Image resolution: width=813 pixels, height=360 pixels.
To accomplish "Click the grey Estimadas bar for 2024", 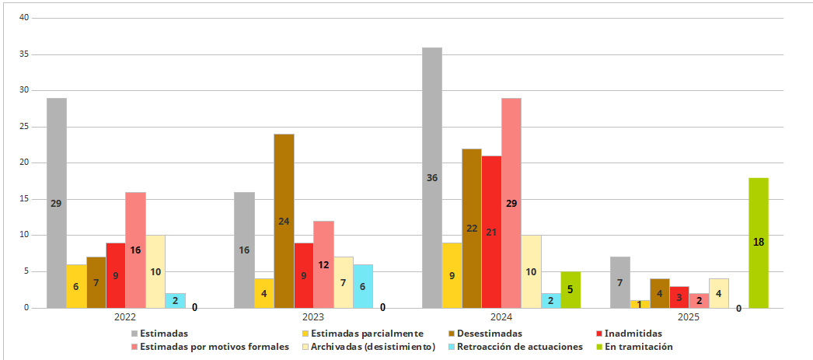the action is pyautogui.click(x=432, y=178).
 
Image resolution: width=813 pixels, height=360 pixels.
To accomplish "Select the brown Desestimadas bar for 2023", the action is pyautogui.click(x=284, y=222).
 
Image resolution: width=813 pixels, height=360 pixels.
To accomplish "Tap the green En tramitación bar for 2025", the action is pyautogui.click(x=759, y=243).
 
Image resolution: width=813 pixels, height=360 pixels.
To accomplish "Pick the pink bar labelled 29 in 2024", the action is pyautogui.click(x=511, y=204).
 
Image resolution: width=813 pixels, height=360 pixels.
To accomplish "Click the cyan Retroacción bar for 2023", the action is pyautogui.click(x=363, y=286).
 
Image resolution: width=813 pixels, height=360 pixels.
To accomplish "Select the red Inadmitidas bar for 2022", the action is pyautogui.click(x=116, y=276).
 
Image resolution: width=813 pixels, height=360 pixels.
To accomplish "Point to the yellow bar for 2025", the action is pyautogui.click(x=640, y=305).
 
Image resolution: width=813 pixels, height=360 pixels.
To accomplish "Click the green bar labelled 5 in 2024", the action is pyautogui.click(x=570, y=290).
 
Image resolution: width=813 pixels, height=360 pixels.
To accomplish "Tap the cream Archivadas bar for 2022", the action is pyautogui.click(x=155, y=272).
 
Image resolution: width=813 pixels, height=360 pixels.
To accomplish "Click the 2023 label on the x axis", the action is pyautogui.click(x=303, y=316).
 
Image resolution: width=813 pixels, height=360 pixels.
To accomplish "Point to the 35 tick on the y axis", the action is pyautogui.click(x=24, y=54).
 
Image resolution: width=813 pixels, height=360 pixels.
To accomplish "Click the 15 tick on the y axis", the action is pyautogui.click(x=24, y=199).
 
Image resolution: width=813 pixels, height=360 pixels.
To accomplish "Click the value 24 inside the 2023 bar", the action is pyautogui.click(x=284, y=221).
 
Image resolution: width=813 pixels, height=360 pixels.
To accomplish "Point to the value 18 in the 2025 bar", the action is pyautogui.click(x=759, y=242).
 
